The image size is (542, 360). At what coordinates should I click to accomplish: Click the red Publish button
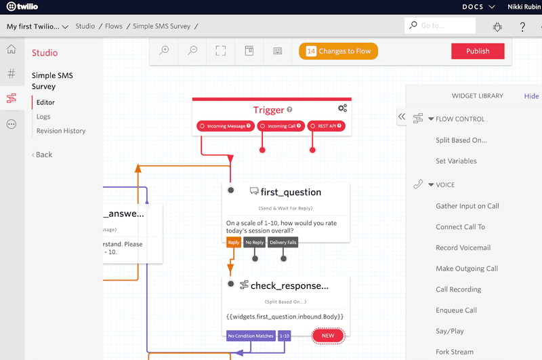point(478,52)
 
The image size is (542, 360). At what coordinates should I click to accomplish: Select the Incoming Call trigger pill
point(281,126)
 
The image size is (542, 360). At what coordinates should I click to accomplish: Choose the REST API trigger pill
point(326,126)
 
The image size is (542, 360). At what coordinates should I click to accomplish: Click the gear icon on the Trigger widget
point(342,108)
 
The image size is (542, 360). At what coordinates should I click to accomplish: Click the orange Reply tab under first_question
point(233,242)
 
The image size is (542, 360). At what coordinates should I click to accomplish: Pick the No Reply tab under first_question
point(255,242)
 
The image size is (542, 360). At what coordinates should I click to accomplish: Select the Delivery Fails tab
point(283,242)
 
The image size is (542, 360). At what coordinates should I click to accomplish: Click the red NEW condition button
point(328,336)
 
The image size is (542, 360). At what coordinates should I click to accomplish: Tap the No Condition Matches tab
point(250,336)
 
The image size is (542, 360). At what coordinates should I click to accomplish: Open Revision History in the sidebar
point(61,131)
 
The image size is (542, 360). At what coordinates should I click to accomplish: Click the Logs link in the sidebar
point(43,117)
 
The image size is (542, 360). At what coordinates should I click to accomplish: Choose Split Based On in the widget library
point(461,140)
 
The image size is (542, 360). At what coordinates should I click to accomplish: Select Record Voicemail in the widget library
point(463,248)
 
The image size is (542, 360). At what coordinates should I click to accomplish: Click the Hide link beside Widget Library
point(531,96)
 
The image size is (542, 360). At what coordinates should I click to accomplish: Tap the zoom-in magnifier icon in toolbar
point(164,51)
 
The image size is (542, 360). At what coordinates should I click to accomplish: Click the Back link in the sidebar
point(43,155)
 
